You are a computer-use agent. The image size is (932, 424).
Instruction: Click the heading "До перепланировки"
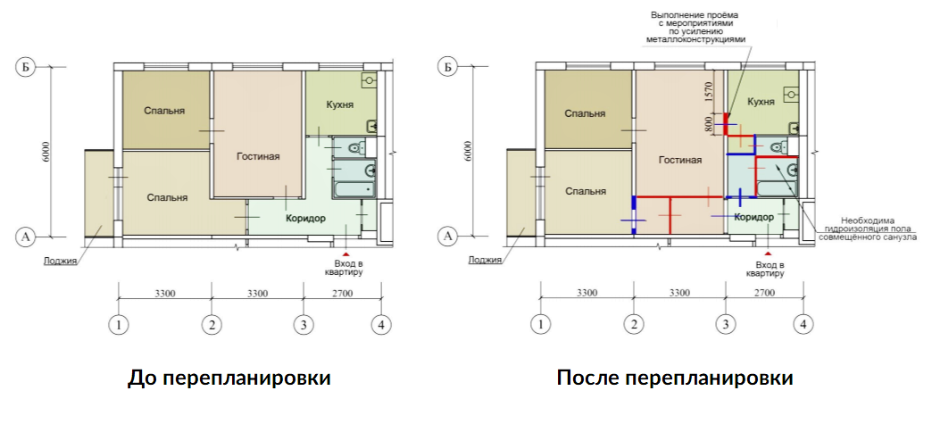click(x=229, y=378)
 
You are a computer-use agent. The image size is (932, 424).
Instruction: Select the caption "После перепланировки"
click(x=675, y=378)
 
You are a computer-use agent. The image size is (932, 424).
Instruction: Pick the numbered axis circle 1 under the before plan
click(x=118, y=325)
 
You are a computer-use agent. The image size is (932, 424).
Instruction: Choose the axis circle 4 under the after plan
click(x=803, y=325)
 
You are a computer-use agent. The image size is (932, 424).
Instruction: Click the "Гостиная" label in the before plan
click(x=258, y=156)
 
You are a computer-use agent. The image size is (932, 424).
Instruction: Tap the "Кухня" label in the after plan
click(x=760, y=102)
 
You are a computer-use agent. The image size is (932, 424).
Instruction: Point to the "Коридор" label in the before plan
click(x=305, y=218)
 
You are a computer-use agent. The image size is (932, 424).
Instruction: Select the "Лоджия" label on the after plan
click(x=483, y=261)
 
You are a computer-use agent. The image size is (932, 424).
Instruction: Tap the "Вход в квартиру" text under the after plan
click(x=770, y=269)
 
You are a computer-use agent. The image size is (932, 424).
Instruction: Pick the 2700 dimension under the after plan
click(x=764, y=292)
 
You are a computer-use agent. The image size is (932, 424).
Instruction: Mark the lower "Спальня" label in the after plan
click(x=587, y=190)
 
